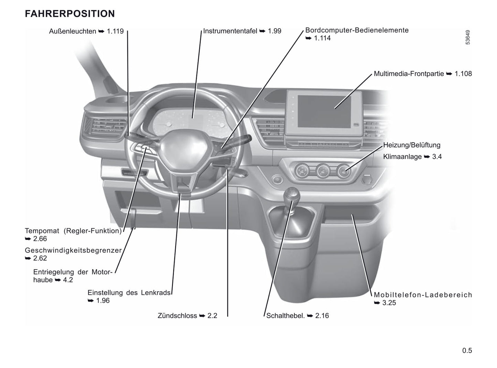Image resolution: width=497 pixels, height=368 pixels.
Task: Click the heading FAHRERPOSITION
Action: (x=70, y=14)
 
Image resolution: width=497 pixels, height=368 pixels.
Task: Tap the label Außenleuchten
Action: (x=73, y=31)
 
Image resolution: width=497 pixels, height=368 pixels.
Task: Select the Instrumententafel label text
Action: (x=230, y=31)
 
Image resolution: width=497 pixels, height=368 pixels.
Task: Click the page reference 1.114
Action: (x=322, y=38)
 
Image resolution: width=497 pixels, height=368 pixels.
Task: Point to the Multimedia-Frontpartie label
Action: (x=409, y=74)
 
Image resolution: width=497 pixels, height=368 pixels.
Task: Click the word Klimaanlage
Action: (x=402, y=157)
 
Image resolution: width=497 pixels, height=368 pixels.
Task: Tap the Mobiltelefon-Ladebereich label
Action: (x=423, y=295)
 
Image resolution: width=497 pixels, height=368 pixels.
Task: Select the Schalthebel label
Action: (x=285, y=316)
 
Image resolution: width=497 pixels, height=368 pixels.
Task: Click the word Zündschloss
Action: (x=177, y=316)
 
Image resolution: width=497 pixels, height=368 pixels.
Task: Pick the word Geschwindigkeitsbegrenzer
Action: (x=73, y=250)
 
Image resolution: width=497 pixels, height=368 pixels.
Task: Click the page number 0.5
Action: (x=467, y=350)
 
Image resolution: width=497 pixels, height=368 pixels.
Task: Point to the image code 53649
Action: (x=467, y=37)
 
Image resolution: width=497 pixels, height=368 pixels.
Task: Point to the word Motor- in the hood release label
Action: (x=102, y=272)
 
